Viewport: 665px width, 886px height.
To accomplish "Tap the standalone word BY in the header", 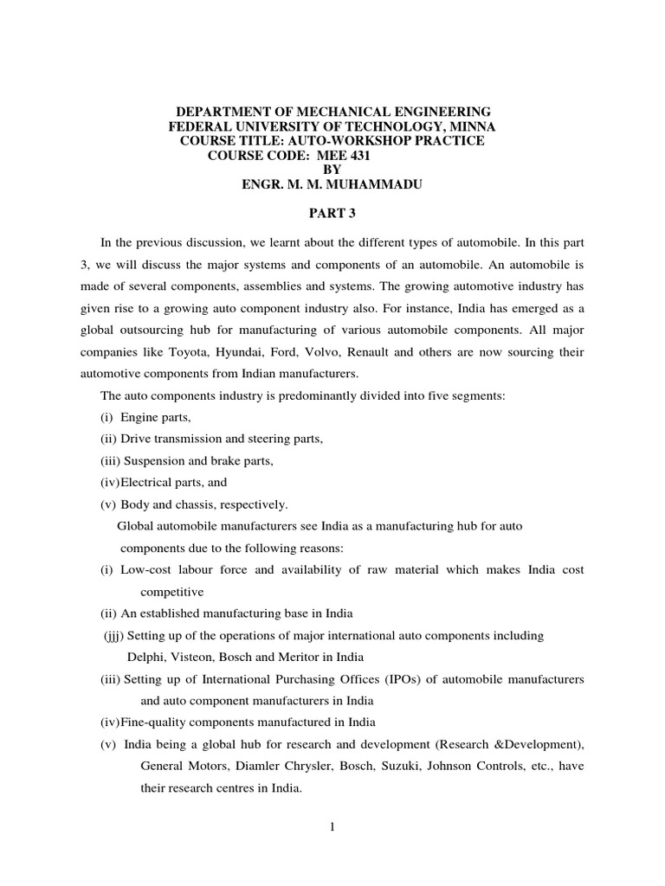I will click(x=332, y=170).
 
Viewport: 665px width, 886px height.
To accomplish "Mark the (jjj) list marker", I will click(x=113, y=636).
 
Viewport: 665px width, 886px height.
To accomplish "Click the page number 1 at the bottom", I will click(x=332, y=826).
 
